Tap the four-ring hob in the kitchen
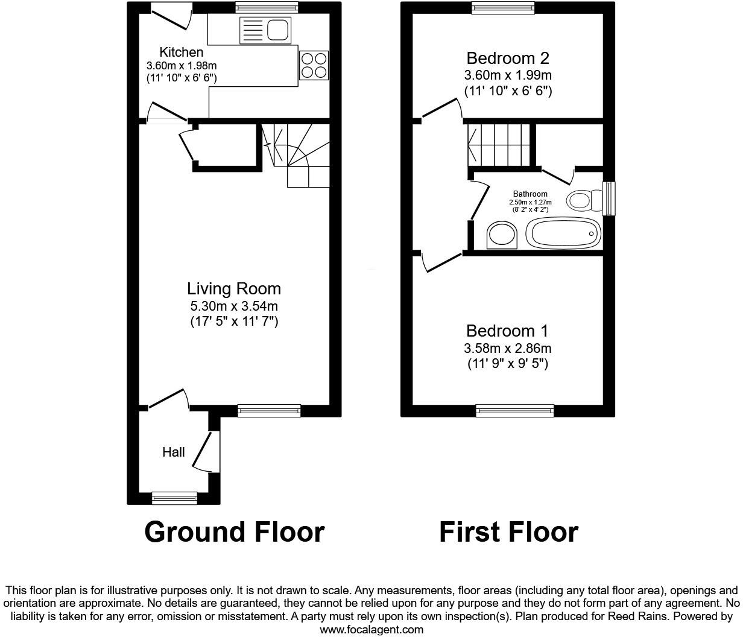(314, 65)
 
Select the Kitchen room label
(181, 52)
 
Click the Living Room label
(234, 289)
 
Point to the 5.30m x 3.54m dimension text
(234, 306)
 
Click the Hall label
(173, 452)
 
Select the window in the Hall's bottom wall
(174, 498)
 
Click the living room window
(269, 410)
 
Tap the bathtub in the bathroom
(564, 233)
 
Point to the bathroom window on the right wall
(609, 198)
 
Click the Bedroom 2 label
(508, 59)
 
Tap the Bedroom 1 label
(507, 331)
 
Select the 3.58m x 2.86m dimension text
(507, 348)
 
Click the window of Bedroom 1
(514, 410)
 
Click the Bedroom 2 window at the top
(503, 8)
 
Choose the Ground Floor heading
(235, 532)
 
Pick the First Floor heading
(508, 532)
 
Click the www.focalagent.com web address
(371, 630)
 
